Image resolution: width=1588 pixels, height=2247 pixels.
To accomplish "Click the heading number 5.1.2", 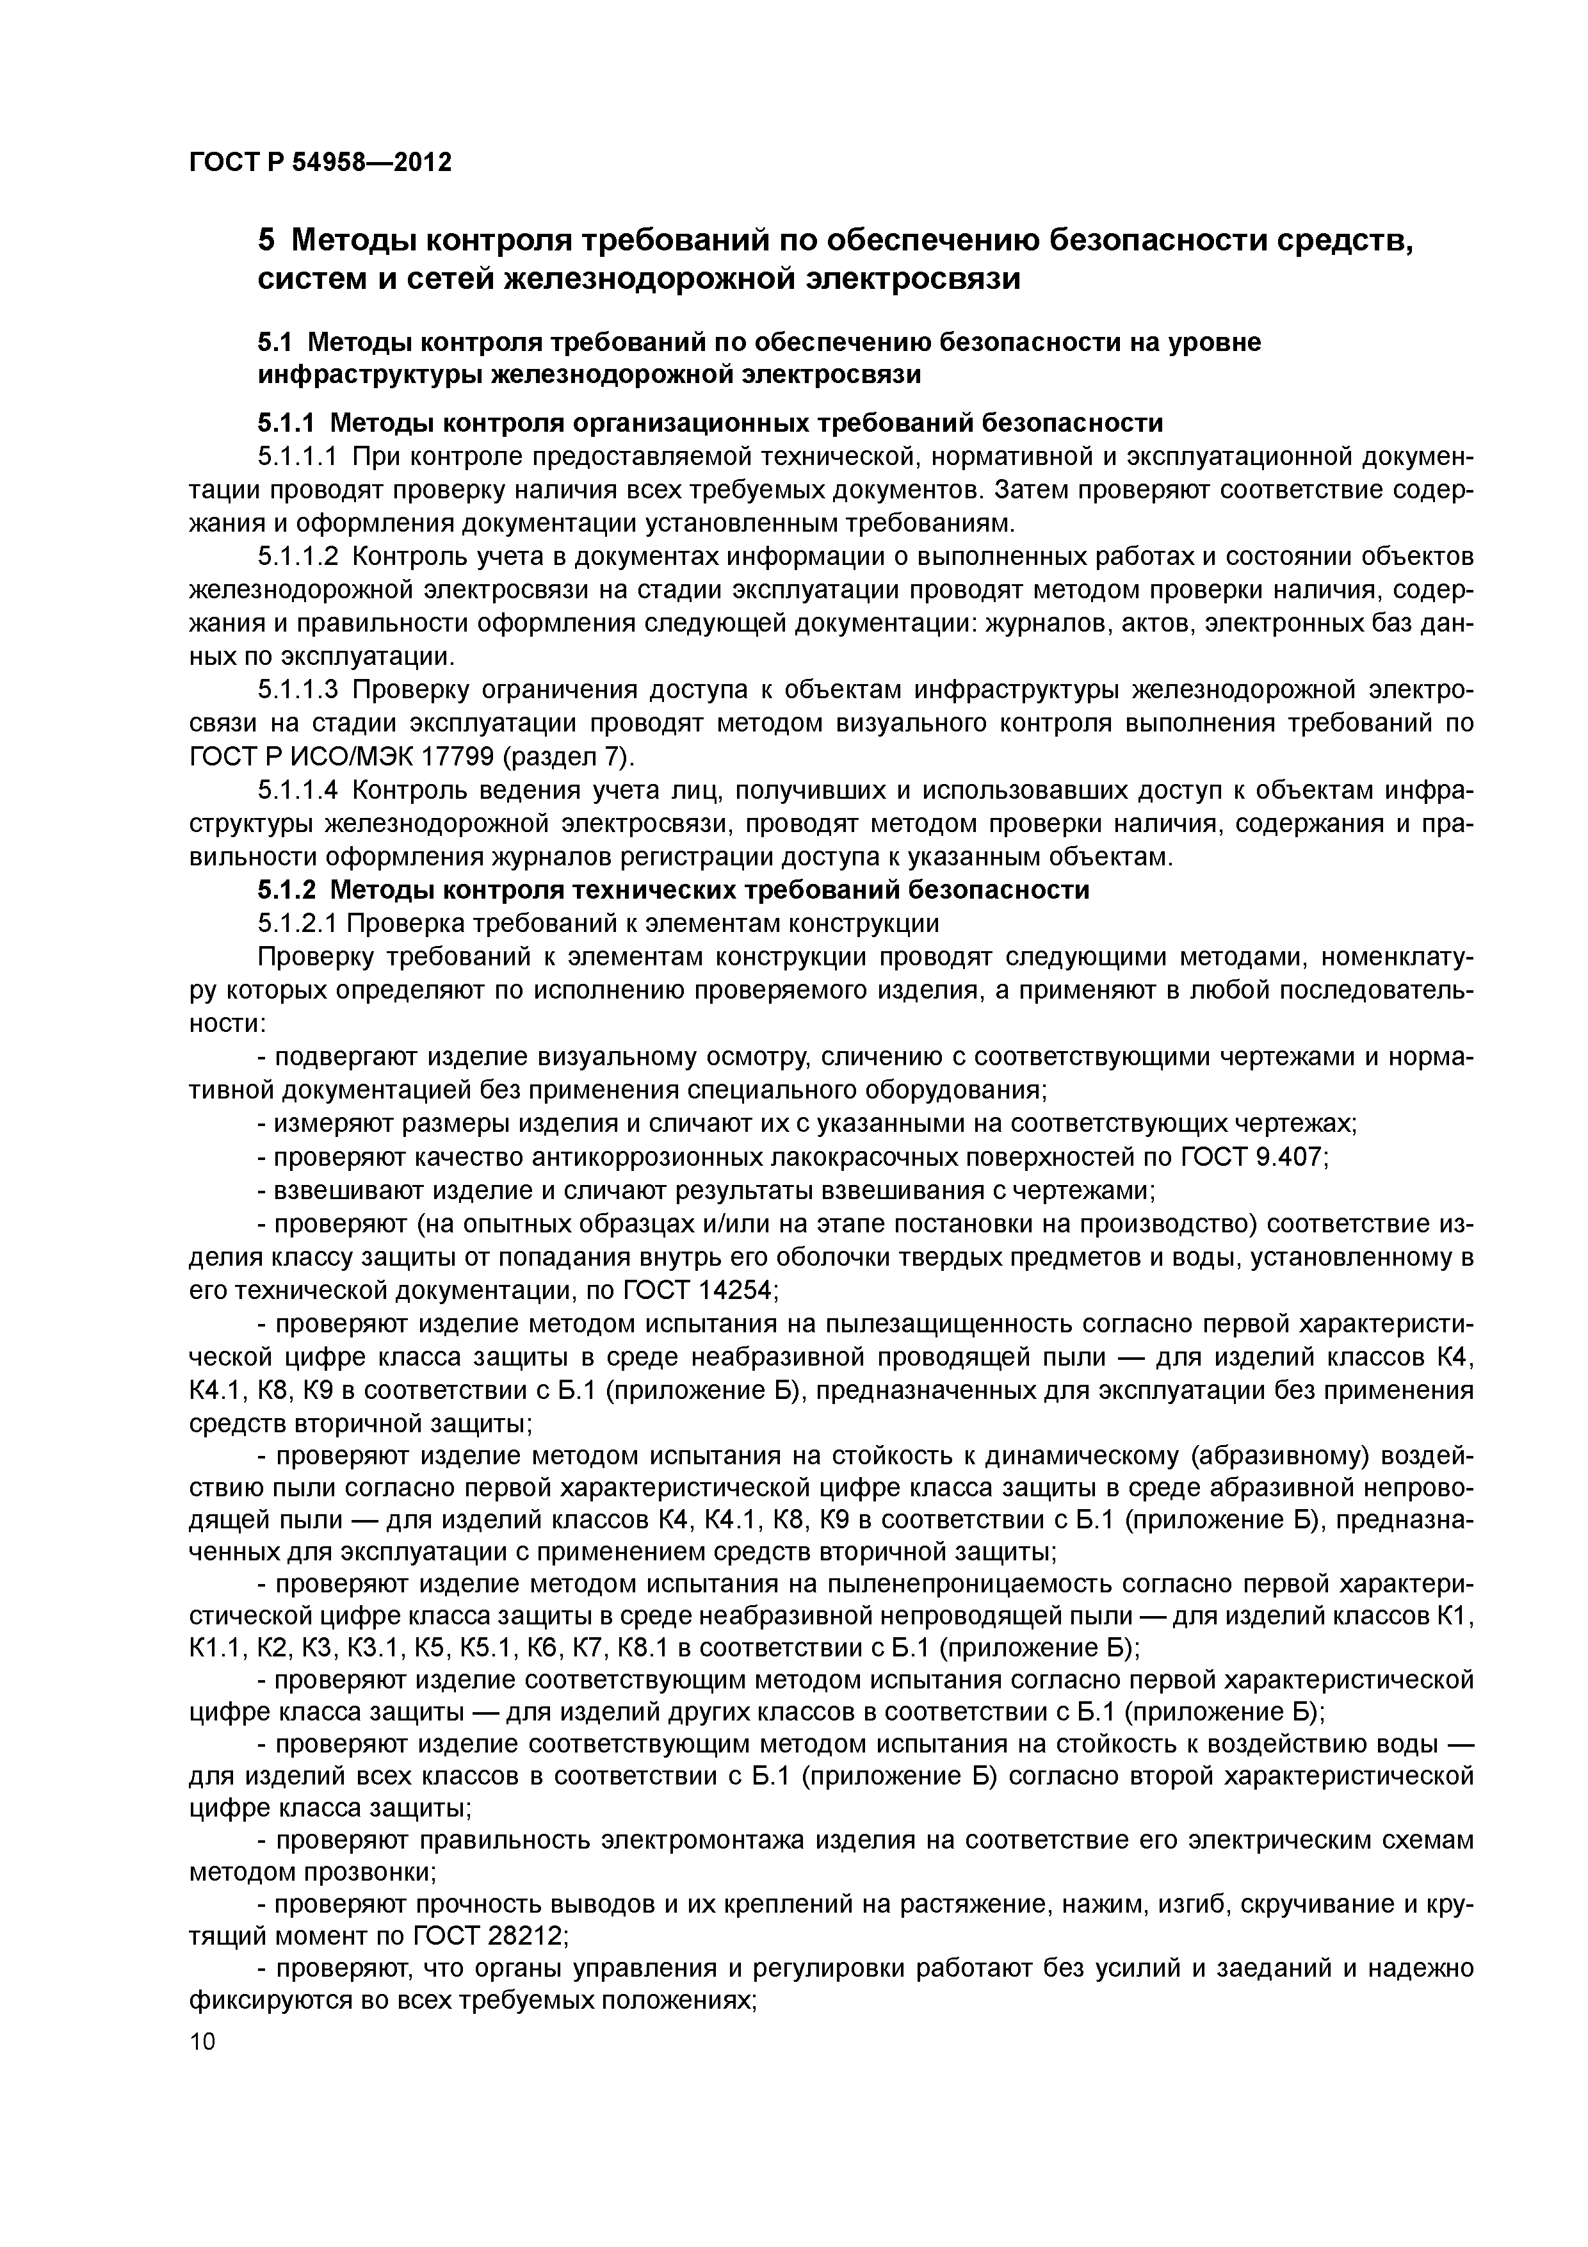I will coord(287,890).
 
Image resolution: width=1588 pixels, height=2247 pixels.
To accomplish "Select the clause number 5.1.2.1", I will coord(298,923).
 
